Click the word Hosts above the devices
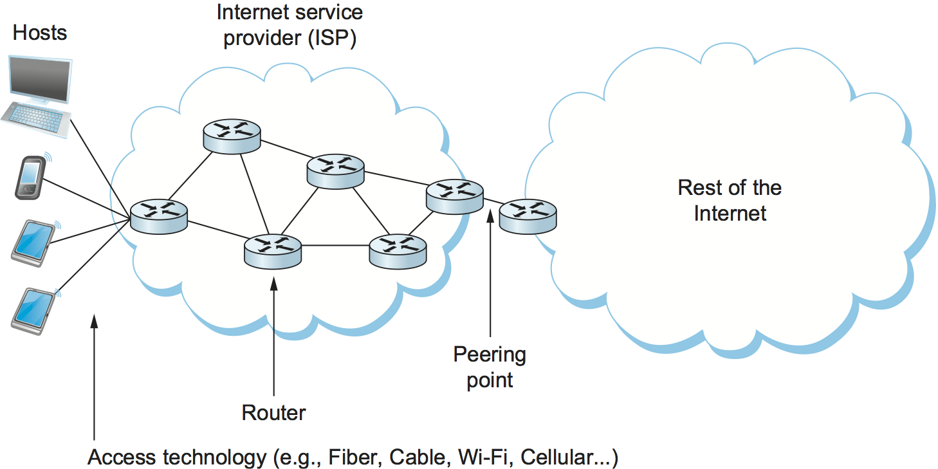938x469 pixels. [x=40, y=33]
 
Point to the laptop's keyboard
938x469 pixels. [x=36, y=118]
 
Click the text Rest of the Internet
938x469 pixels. [x=730, y=200]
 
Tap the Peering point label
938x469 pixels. [x=490, y=367]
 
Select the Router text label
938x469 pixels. [x=273, y=412]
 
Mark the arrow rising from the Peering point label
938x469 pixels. [x=490, y=277]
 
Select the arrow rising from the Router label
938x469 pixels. [x=273, y=335]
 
